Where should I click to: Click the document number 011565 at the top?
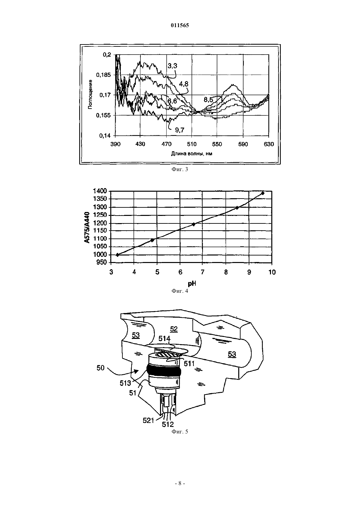coord(180,26)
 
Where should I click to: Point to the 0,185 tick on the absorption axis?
coord(104,75)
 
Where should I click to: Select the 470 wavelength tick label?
coord(166,144)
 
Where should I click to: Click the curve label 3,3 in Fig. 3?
coord(172,66)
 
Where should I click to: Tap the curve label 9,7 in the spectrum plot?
coord(180,130)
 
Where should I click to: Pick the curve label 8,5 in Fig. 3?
coord(208,99)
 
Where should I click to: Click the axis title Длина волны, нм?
coord(191,154)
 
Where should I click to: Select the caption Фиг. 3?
coord(180,169)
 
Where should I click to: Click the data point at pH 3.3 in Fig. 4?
coord(117,255)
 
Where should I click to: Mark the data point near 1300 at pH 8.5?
coord(237,207)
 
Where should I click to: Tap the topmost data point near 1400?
coord(263,193)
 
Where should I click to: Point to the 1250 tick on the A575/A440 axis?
coord(100,215)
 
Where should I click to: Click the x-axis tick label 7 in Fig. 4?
coord(203,272)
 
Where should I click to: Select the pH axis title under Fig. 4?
coord(192,283)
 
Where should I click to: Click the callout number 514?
coord(164,339)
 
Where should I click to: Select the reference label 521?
coord(148,421)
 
